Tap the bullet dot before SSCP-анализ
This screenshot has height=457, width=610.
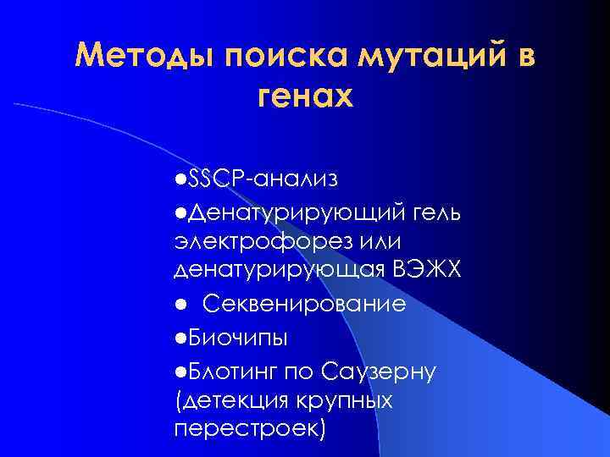180,179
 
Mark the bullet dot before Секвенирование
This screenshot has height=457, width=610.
180,303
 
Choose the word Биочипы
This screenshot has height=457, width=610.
238,337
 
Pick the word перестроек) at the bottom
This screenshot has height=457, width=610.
249,429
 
